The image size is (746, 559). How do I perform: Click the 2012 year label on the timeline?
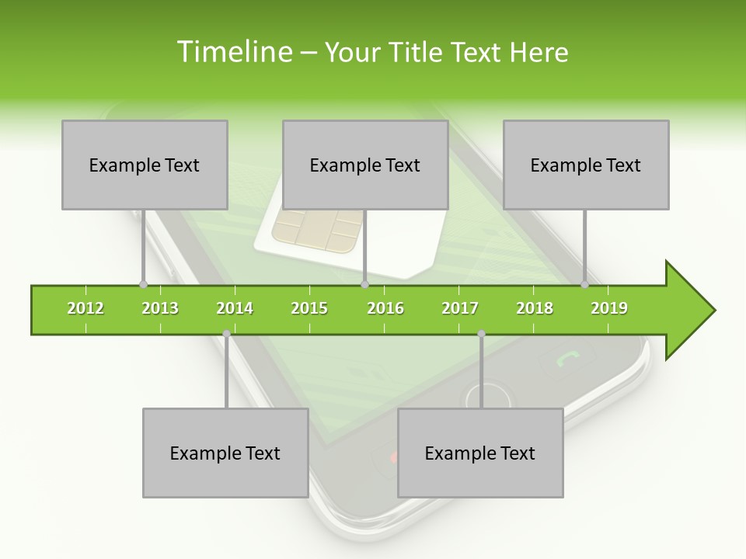pos(85,309)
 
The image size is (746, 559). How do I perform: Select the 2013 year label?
pos(160,309)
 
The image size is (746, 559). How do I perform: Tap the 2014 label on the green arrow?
pos(235,309)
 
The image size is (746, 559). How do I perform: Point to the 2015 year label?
pos(309,309)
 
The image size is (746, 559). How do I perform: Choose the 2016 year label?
pos(385,309)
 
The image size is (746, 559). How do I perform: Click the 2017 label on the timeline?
pos(460,309)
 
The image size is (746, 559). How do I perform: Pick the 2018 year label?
pos(535,309)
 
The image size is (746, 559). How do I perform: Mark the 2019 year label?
pos(609,309)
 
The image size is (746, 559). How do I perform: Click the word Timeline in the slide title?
pos(233,52)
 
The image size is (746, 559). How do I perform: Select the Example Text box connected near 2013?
pos(145,165)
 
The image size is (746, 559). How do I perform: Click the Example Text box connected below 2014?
pos(225,453)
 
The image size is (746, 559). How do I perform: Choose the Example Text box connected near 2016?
pos(365,165)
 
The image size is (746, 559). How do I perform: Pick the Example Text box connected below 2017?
pos(480,453)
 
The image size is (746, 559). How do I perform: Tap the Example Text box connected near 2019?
pos(586,165)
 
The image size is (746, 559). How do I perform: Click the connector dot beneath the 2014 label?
pos(226,334)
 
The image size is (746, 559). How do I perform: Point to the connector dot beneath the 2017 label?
pos(481,334)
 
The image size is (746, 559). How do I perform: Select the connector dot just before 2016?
pos(364,285)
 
